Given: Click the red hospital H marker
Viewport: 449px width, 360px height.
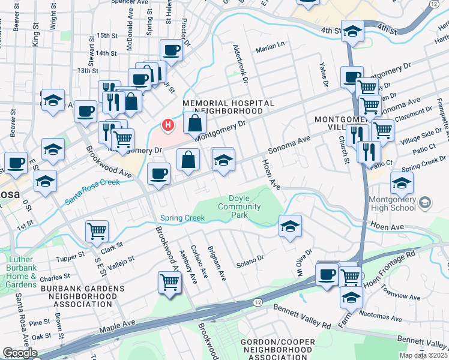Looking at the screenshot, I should click(x=169, y=125).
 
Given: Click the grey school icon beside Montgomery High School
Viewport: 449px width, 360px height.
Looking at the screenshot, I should click(x=426, y=203).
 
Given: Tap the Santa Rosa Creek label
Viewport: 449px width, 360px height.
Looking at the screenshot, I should click(x=93, y=191).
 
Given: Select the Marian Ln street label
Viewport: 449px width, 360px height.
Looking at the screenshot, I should click(x=270, y=51).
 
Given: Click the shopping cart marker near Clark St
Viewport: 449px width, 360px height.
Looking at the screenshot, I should click(x=97, y=230).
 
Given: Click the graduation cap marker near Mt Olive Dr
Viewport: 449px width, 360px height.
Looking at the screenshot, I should click(x=290, y=227).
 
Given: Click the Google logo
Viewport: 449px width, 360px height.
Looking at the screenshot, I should click(x=20, y=353).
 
